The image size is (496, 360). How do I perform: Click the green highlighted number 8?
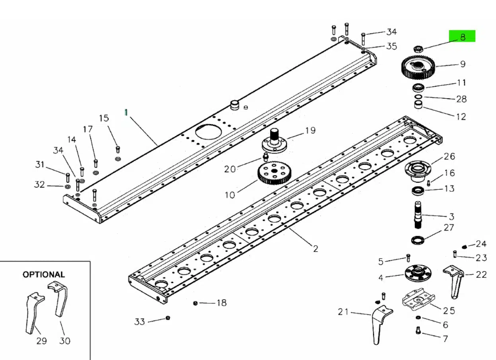pos(463,37)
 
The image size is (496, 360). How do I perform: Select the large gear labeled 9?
pos(418,68)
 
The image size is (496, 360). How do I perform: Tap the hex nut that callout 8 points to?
pos(418,49)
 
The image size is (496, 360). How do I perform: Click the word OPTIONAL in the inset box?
pos(44,274)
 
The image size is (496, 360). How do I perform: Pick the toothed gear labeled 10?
pos(274,173)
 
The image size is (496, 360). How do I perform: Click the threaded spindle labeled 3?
pos(418,215)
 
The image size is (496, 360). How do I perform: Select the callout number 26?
pos(449,157)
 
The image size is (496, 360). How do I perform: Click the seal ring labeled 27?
pos(418,240)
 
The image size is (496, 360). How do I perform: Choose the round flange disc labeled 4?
pos(418,273)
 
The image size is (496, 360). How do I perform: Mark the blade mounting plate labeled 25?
pos(418,299)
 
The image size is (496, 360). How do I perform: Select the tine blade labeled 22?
pos(454,281)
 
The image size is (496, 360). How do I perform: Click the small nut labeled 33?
pos(168,318)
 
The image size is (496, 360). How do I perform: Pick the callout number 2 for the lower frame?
pos(315,249)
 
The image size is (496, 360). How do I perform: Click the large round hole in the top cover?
pos(208,132)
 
